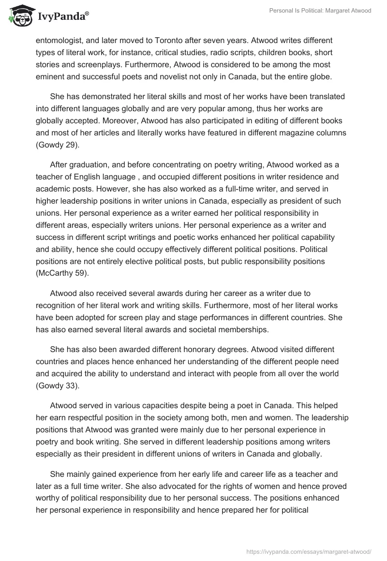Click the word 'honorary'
point(204,349)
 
